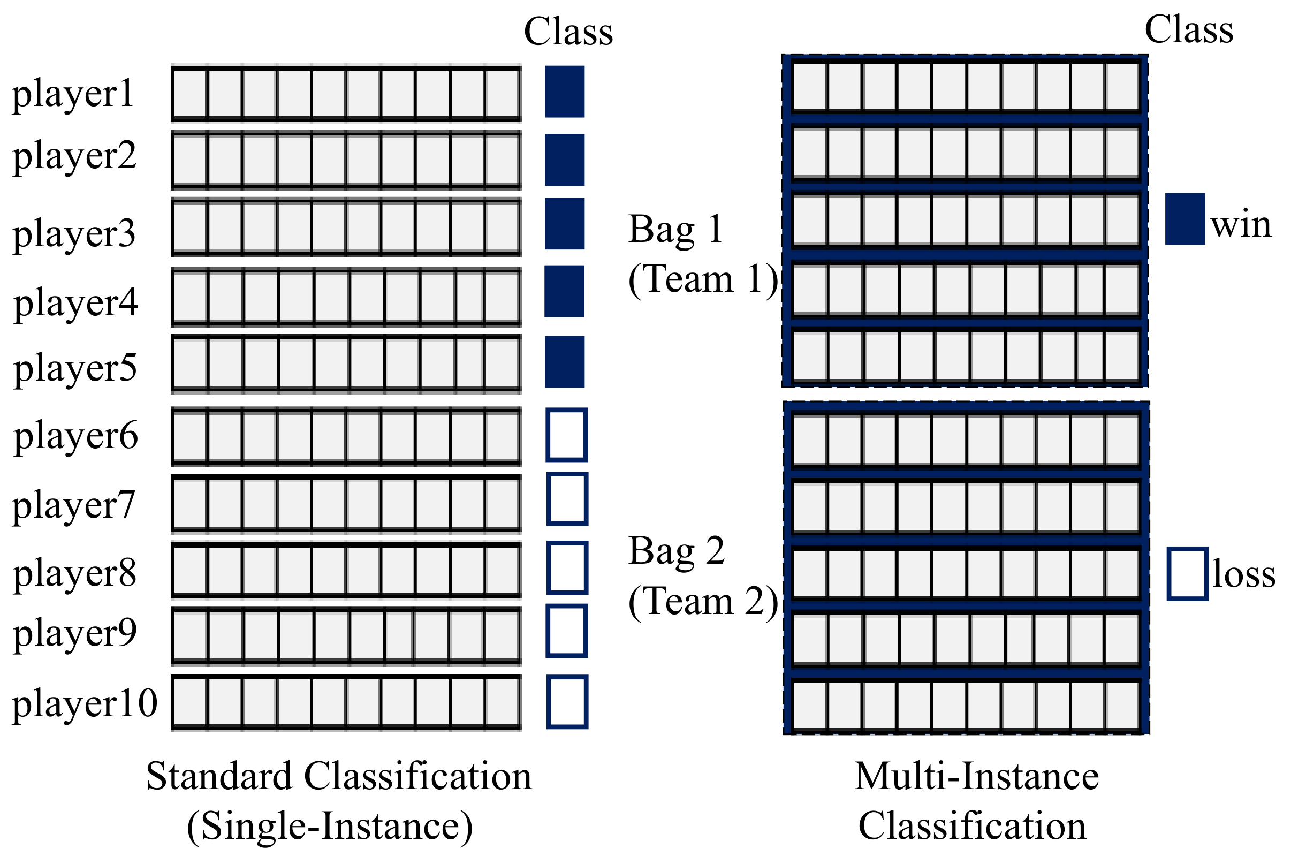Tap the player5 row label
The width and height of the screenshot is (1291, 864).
point(75,369)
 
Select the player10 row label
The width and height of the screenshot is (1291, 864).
point(85,704)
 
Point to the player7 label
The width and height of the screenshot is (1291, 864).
point(74,505)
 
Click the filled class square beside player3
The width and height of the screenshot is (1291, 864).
point(565,224)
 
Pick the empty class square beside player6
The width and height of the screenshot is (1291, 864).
point(567,435)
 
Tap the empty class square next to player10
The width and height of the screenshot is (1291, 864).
point(567,702)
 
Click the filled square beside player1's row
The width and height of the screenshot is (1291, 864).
point(565,92)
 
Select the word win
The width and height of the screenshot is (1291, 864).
point(1241,225)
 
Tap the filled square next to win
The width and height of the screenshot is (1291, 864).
point(1184,219)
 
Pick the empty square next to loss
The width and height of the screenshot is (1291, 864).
point(1188,574)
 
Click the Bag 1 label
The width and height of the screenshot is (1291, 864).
point(675,229)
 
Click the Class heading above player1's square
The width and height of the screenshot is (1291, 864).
point(568,32)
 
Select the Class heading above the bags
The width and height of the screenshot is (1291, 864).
point(1189,30)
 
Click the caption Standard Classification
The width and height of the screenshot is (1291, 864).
point(339,776)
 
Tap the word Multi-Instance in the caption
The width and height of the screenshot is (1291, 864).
point(976,776)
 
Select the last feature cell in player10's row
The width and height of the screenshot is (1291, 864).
point(502,703)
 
